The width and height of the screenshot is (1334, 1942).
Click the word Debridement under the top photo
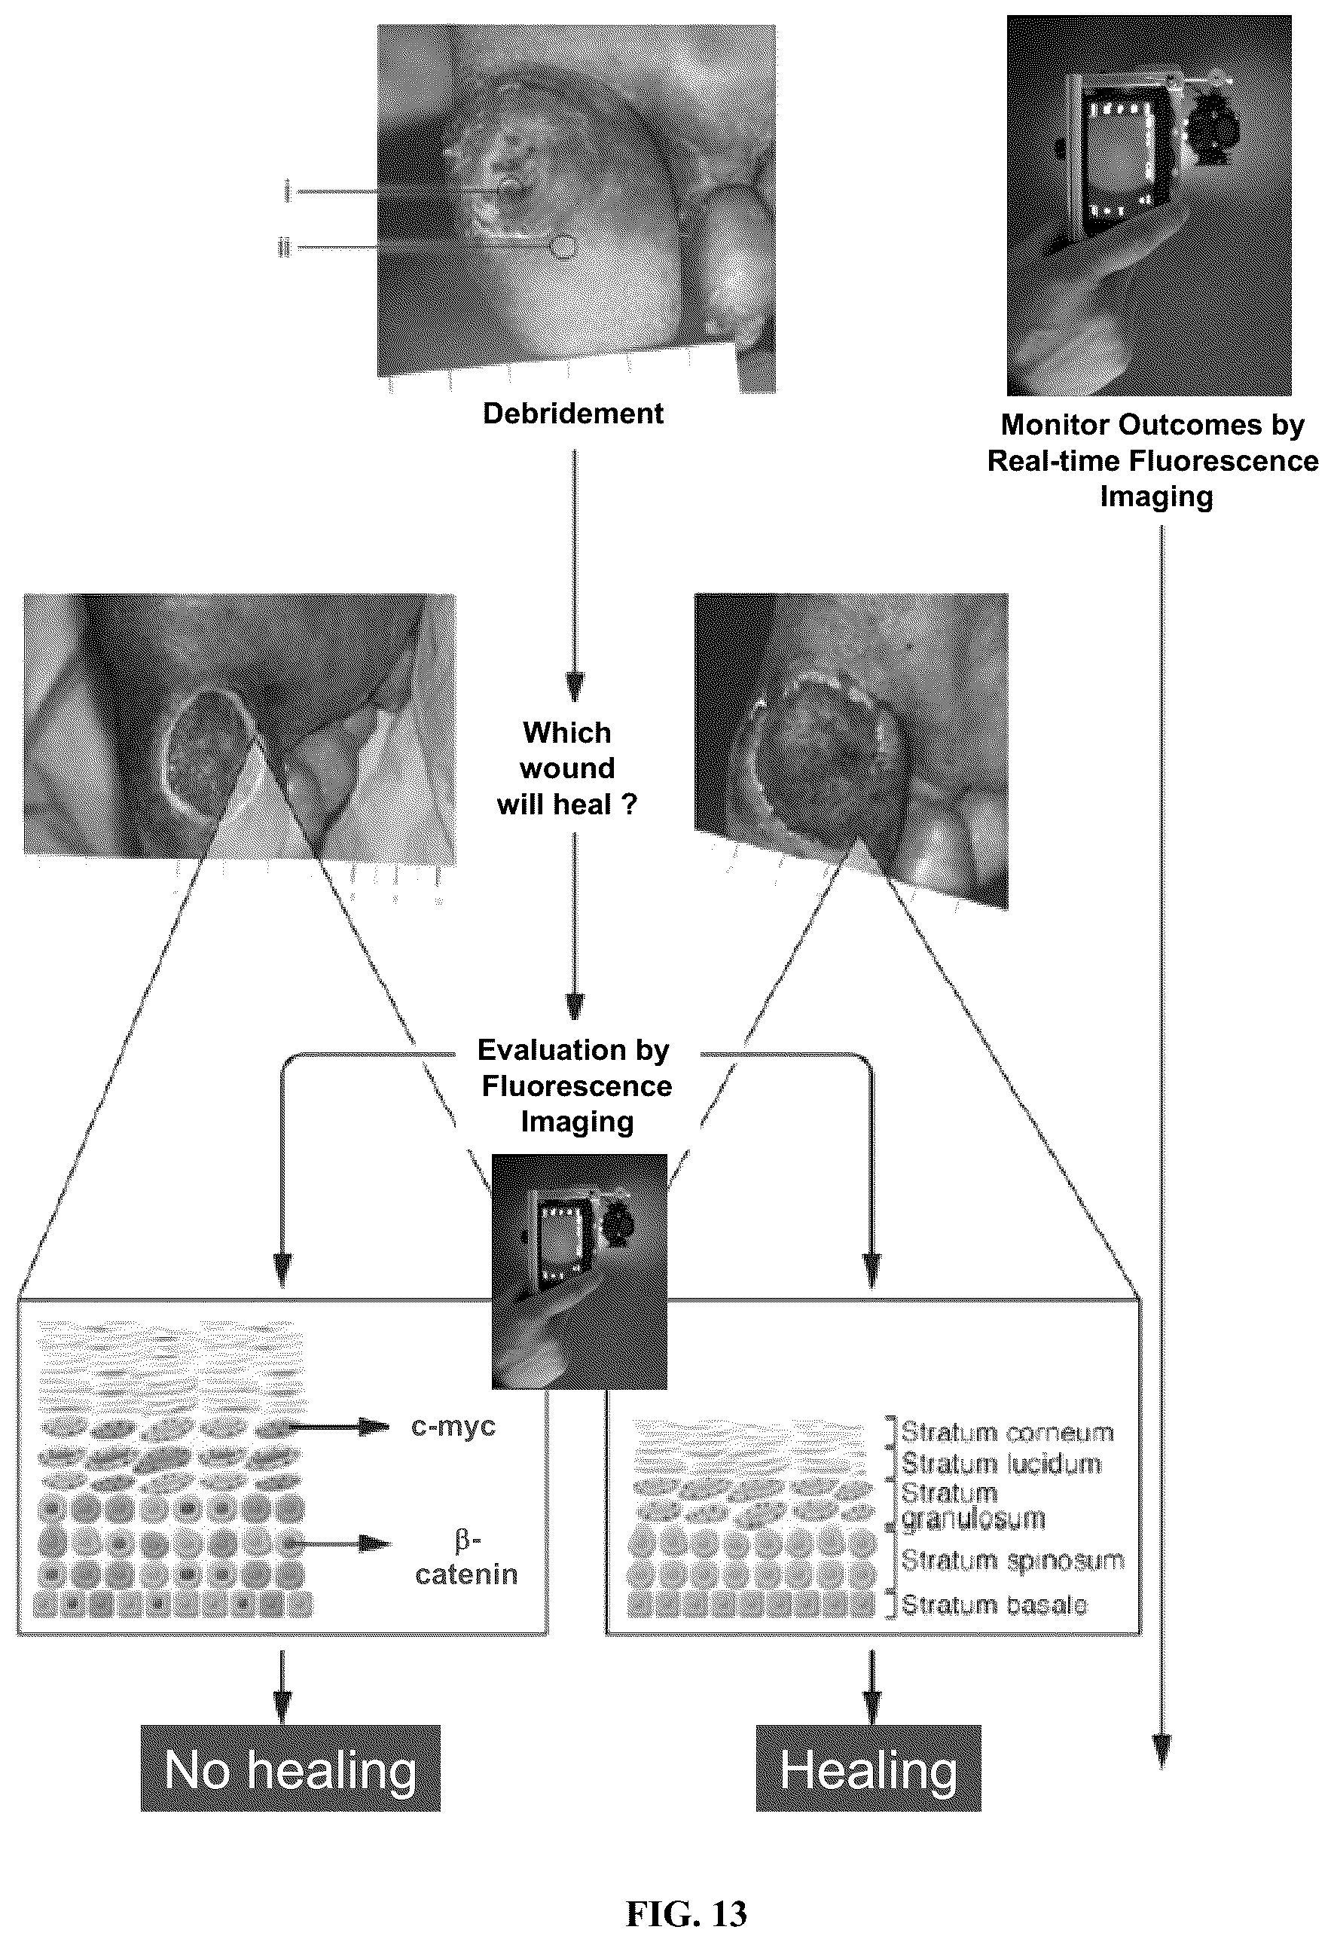pyautogui.click(x=573, y=413)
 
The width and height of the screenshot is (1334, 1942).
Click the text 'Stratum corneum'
pyautogui.click(x=1007, y=1432)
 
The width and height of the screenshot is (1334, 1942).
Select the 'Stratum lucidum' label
pyautogui.click(x=1001, y=1464)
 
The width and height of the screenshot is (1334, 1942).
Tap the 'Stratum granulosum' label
pyautogui.click(x=973, y=1506)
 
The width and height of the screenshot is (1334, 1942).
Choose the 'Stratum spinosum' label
pyautogui.click(x=1012, y=1560)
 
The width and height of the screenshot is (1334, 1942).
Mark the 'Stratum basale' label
pyautogui.click(x=994, y=1605)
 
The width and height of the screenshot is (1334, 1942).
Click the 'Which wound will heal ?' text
pyautogui.click(x=566, y=768)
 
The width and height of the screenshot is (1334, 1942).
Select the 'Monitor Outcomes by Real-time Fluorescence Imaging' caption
pyautogui.click(x=1153, y=460)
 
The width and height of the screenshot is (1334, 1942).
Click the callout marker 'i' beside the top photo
pyautogui.click(x=287, y=192)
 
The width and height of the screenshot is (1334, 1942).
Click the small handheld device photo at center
pyautogui.click(x=579, y=1271)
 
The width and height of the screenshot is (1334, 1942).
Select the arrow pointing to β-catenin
pyautogui.click(x=338, y=1544)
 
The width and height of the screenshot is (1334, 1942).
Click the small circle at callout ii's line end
pyautogui.click(x=564, y=246)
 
